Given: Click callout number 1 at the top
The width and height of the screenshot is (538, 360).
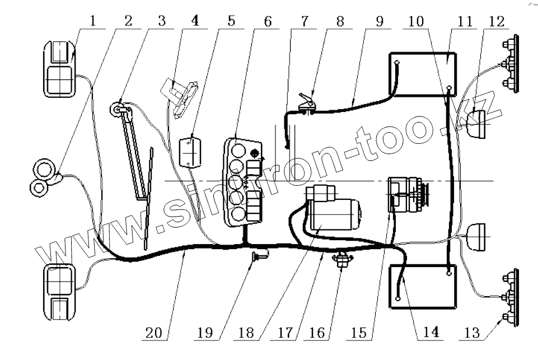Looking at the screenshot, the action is click(92, 21).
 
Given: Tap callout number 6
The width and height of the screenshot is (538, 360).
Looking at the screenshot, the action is click(268, 21).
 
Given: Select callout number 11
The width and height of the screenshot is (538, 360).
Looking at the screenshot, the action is click(465, 21).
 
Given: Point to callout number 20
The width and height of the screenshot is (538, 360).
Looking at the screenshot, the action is click(154, 333).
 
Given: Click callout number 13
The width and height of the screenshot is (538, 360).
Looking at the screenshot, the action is click(472, 333).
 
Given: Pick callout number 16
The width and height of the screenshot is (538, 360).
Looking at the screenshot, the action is click(317, 333).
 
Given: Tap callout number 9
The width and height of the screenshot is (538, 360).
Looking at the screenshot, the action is click(380, 21).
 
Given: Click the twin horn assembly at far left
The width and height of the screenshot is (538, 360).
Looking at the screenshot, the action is click(45, 177).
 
